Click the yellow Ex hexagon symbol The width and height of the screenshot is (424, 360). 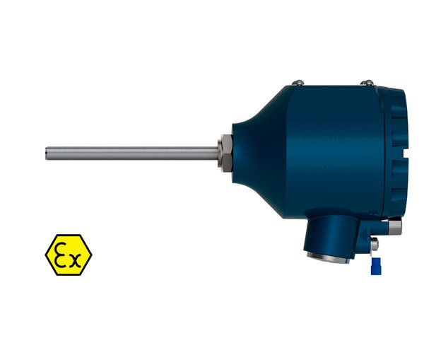(x=69, y=255)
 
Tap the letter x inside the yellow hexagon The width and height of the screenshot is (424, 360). (x=75, y=260)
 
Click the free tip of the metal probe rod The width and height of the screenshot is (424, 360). (x=46, y=153)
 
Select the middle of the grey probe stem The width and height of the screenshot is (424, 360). (x=131, y=153)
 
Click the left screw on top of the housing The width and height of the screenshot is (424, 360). (x=298, y=82)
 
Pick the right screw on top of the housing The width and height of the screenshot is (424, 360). (x=367, y=82)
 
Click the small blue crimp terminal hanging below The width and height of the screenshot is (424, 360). (x=376, y=266)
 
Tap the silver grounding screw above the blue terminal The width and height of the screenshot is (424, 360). (x=375, y=243)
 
